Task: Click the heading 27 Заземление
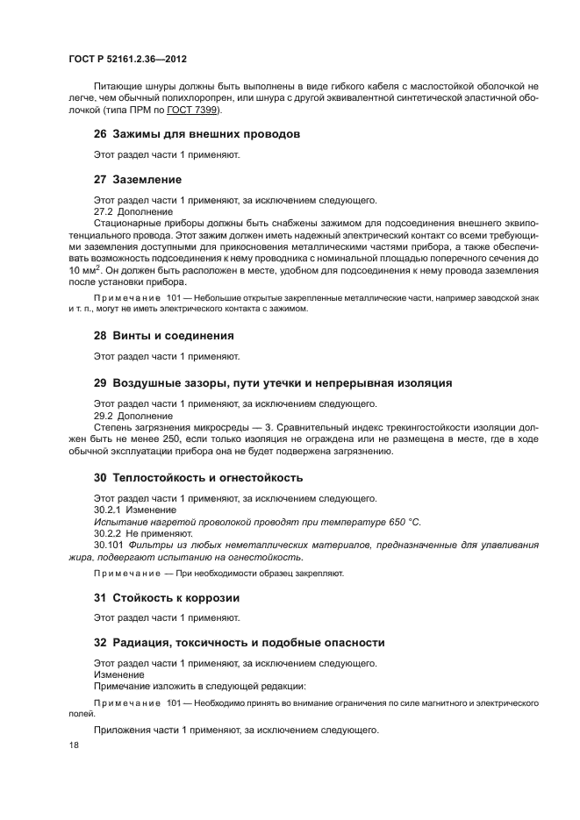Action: [x=144, y=178]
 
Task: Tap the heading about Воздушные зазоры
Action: [x=273, y=383]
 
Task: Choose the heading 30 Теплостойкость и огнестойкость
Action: [x=198, y=478]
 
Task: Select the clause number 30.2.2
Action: [x=107, y=533]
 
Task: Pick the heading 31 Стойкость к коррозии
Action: [x=167, y=598]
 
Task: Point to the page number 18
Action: [x=73, y=745]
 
